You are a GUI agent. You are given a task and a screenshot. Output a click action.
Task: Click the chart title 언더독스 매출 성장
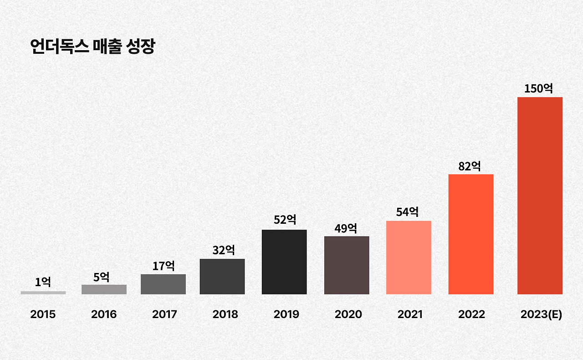pyautogui.click(x=92, y=47)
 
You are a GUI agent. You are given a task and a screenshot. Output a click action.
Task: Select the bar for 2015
pyautogui.click(x=43, y=293)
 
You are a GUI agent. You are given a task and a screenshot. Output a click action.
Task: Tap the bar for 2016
pyautogui.click(x=104, y=289)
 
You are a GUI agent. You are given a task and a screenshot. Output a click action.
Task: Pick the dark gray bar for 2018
pyautogui.click(x=222, y=277)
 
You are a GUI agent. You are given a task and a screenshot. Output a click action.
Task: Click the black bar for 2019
pyautogui.click(x=284, y=262)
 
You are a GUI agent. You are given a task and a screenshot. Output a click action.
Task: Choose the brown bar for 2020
pyautogui.click(x=347, y=265)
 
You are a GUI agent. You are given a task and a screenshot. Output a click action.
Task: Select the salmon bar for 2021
pyautogui.click(x=409, y=257)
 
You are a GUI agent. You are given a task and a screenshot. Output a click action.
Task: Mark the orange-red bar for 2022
pyautogui.click(x=471, y=234)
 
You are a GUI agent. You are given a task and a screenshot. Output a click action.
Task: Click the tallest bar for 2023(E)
pyautogui.click(x=540, y=195)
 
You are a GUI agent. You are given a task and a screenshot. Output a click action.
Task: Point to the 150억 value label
pyautogui.click(x=538, y=88)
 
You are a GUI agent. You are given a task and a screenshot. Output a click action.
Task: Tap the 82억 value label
pyautogui.click(x=470, y=166)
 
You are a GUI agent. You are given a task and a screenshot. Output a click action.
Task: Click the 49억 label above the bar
pyautogui.click(x=346, y=228)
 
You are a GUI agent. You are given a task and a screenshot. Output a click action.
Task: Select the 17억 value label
pyautogui.click(x=164, y=266)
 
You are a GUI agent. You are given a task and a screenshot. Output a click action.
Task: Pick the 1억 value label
pyautogui.click(x=43, y=282)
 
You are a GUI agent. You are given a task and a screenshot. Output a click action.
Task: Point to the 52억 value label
pyautogui.click(x=285, y=220)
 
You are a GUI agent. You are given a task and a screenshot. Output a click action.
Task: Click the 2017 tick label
pyautogui.click(x=164, y=314)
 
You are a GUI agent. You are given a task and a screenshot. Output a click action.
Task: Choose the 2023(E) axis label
pyautogui.click(x=541, y=314)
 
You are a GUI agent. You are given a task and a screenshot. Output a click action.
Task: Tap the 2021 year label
pyautogui.click(x=410, y=314)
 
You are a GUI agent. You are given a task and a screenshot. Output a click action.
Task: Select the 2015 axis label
pyautogui.click(x=43, y=314)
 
